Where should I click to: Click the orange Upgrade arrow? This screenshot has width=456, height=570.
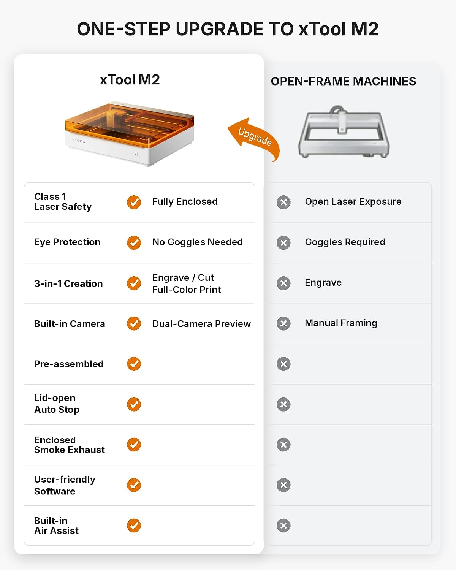[254, 137]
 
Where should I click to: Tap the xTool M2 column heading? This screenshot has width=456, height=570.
[130, 80]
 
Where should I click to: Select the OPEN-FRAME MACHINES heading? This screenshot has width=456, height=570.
[344, 81]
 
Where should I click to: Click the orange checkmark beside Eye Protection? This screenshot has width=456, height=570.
[134, 242]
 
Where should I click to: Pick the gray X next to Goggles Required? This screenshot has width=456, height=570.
[283, 242]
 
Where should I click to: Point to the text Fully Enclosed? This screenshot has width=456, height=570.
[185, 201]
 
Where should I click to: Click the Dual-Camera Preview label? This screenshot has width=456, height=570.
[201, 324]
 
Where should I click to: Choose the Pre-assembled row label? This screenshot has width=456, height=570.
[69, 364]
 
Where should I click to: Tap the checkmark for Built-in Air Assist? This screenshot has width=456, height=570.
[134, 526]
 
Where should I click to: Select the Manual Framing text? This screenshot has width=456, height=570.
[341, 323]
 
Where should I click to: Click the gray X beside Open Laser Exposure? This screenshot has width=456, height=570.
[283, 203]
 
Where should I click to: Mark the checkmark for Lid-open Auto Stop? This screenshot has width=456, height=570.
[134, 404]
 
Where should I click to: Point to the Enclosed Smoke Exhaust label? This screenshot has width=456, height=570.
[70, 445]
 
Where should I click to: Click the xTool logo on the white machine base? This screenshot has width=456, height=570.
[79, 141]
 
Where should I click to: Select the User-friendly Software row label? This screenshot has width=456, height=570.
[65, 485]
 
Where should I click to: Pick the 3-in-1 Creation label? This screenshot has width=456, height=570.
[68, 284]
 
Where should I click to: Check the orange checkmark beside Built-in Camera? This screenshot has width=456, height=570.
[134, 323]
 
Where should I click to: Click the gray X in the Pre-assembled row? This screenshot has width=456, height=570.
[283, 364]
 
